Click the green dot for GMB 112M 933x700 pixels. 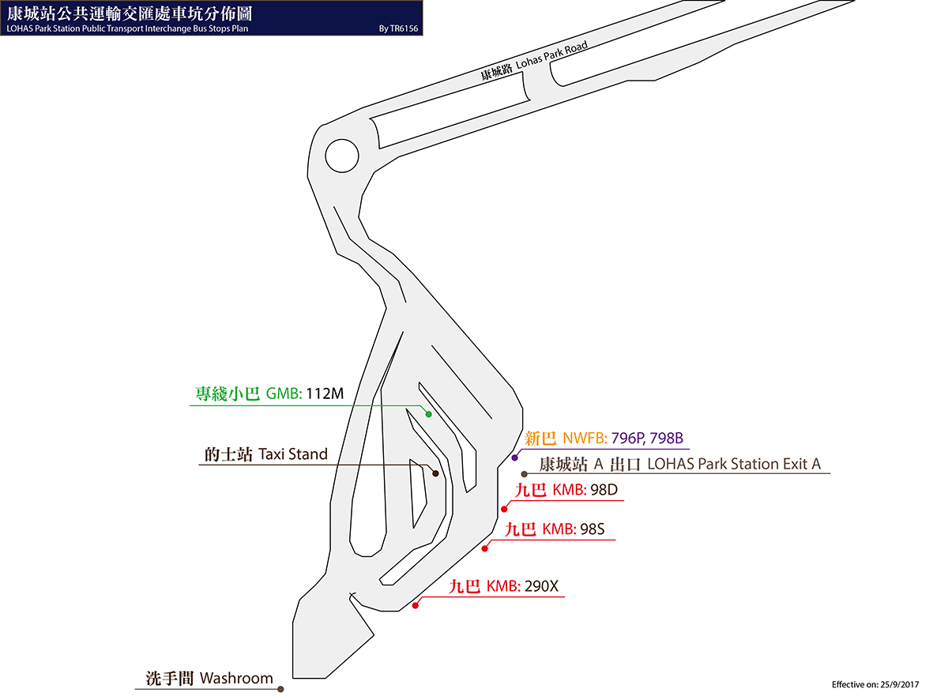428,414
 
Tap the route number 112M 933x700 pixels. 325,393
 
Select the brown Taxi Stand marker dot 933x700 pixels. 435,473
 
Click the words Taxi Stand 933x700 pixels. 293,454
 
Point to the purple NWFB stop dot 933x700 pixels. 515,457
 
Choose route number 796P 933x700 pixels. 628,438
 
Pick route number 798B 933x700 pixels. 667,438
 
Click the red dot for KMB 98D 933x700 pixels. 504,509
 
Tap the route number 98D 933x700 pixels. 604,490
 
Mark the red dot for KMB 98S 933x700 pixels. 485,548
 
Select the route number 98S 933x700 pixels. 593,529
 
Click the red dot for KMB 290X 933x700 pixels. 416,605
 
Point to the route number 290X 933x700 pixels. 541,586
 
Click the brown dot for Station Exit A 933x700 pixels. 525,474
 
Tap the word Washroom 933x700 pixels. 236,678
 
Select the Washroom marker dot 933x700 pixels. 281,689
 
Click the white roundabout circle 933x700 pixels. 342,156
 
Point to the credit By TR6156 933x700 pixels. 398,28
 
